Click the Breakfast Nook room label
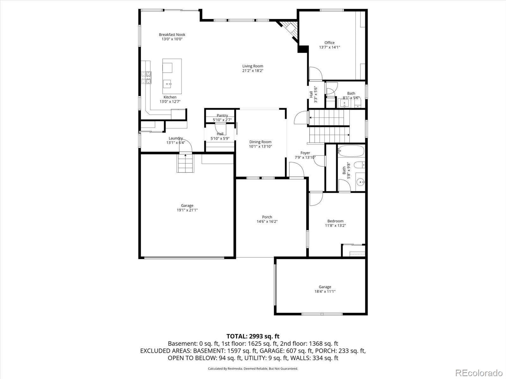tap(172, 35)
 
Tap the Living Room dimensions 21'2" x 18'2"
tap(253, 71)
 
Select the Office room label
tap(329, 43)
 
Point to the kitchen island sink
tap(168, 84)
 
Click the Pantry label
tap(222, 116)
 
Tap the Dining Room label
tap(260, 142)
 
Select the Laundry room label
tap(176, 138)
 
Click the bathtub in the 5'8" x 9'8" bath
tap(351, 151)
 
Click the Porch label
tap(267, 217)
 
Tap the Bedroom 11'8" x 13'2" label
tap(335, 221)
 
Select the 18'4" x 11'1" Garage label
tap(325, 287)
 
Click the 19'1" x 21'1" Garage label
tap(187, 206)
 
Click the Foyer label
tap(305, 153)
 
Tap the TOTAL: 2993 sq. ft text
tap(253, 336)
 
